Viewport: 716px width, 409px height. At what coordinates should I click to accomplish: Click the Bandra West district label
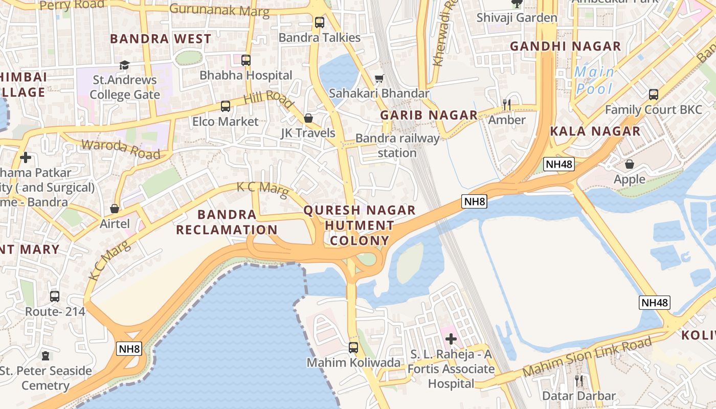(161, 39)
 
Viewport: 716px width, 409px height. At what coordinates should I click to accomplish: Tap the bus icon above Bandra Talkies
(320, 22)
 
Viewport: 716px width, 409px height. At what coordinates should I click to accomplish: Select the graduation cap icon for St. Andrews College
(124, 65)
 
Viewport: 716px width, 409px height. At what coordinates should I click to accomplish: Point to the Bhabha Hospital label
(246, 75)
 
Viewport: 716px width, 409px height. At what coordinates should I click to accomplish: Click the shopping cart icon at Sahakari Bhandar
(379, 78)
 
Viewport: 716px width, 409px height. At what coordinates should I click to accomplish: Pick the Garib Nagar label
(429, 115)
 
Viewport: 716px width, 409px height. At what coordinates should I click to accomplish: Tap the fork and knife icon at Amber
(507, 105)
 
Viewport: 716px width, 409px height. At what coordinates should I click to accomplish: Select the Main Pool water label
(594, 80)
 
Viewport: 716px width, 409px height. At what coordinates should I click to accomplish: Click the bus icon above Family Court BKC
(654, 95)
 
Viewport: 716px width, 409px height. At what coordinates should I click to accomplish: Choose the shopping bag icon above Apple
(630, 164)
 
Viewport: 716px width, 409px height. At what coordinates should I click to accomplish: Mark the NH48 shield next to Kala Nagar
(558, 164)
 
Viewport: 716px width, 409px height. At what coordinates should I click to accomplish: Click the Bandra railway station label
(397, 146)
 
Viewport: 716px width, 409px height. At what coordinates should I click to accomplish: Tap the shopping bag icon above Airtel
(115, 209)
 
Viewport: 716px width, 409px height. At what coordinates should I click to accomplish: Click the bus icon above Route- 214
(55, 296)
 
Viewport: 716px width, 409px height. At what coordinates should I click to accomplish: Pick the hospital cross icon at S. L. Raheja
(451, 339)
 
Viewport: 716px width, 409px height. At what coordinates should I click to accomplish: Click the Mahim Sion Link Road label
(587, 357)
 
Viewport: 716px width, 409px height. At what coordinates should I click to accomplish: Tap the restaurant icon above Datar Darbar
(578, 380)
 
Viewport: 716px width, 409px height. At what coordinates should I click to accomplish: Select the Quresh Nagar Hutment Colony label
(360, 225)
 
